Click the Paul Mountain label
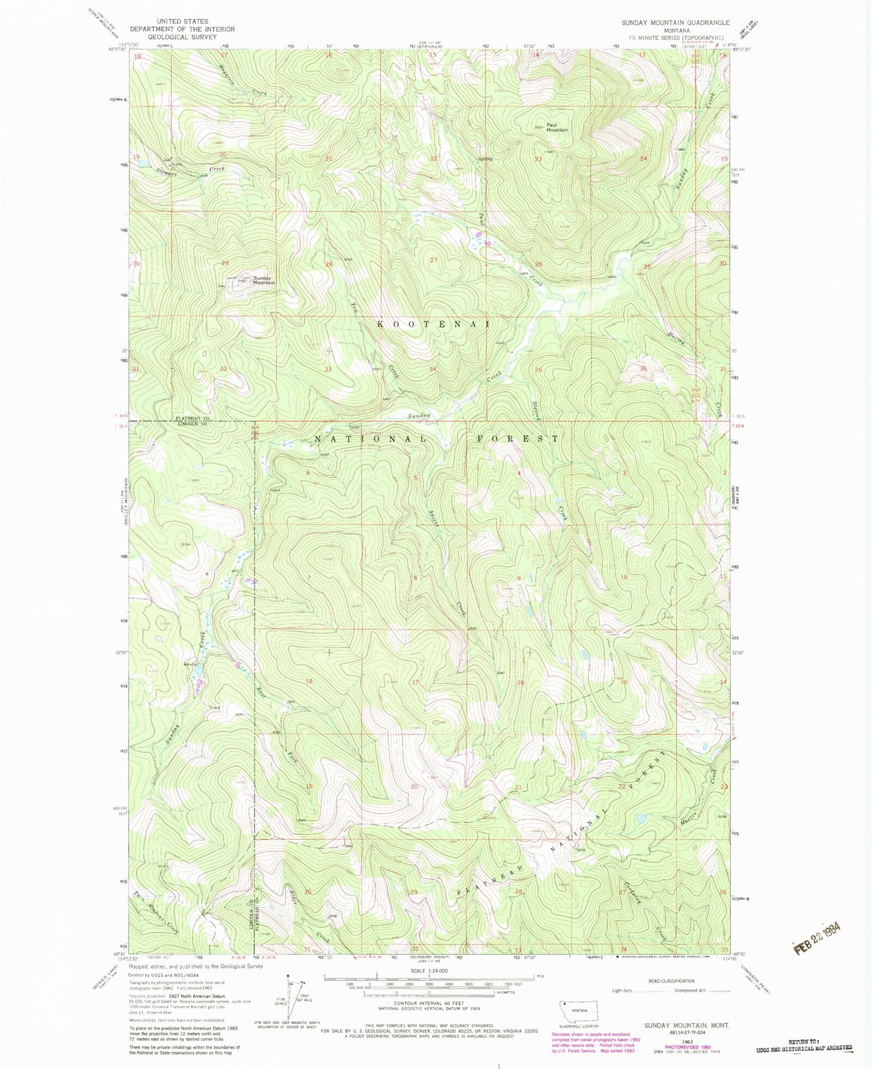[x=557, y=127]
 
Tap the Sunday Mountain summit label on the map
[x=263, y=280]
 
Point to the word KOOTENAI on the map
[x=433, y=324]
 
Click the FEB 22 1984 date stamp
[x=816, y=937]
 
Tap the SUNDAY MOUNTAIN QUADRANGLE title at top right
[x=676, y=22]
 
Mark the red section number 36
[x=643, y=369]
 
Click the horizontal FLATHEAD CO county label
[x=193, y=418]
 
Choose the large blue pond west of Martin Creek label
[x=641, y=818]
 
